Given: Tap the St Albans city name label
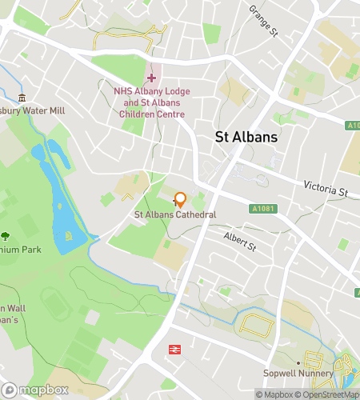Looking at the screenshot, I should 247,137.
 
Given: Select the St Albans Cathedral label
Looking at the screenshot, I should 175,215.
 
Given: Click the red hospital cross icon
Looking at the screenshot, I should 151,78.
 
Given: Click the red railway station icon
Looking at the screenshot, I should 174,349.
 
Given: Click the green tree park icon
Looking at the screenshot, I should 6,236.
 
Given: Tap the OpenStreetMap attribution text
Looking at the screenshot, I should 328,394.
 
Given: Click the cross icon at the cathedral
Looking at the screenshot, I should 175,205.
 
